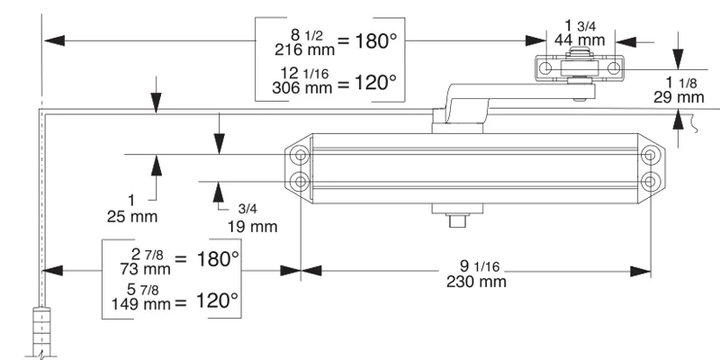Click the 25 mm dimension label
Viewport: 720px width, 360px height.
click(x=136, y=216)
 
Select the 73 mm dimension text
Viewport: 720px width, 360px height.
click(x=144, y=268)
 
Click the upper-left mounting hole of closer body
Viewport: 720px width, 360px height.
click(x=298, y=157)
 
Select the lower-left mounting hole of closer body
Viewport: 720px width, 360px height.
click(x=298, y=181)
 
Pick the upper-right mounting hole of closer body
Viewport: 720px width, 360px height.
click(x=649, y=157)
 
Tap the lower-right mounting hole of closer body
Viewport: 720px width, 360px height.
click(x=649, y=181)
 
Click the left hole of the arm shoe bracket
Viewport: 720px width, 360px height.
click(x=546, y=68)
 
